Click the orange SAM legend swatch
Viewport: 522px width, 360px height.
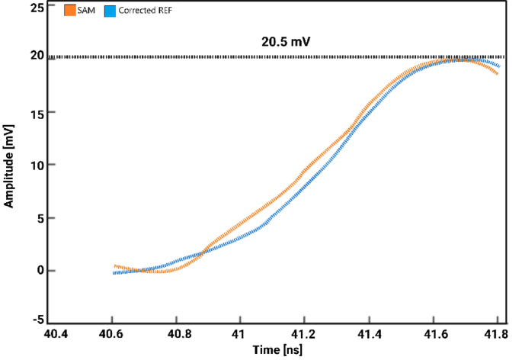[x=71, y=11]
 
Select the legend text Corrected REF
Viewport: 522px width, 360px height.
[x=146, y=11]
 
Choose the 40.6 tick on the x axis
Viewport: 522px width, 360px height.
[x=112, y=335]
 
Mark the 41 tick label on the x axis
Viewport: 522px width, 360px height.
[x=240, y=335]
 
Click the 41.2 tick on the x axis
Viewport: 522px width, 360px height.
[x=304, y=335]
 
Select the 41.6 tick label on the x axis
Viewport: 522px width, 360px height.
[x=433, y=335]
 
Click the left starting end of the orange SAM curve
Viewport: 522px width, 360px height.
[x=114, y=265]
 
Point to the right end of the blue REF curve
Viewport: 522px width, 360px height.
[x=499, y=66]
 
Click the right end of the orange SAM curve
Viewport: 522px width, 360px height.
[x=498, y=73]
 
